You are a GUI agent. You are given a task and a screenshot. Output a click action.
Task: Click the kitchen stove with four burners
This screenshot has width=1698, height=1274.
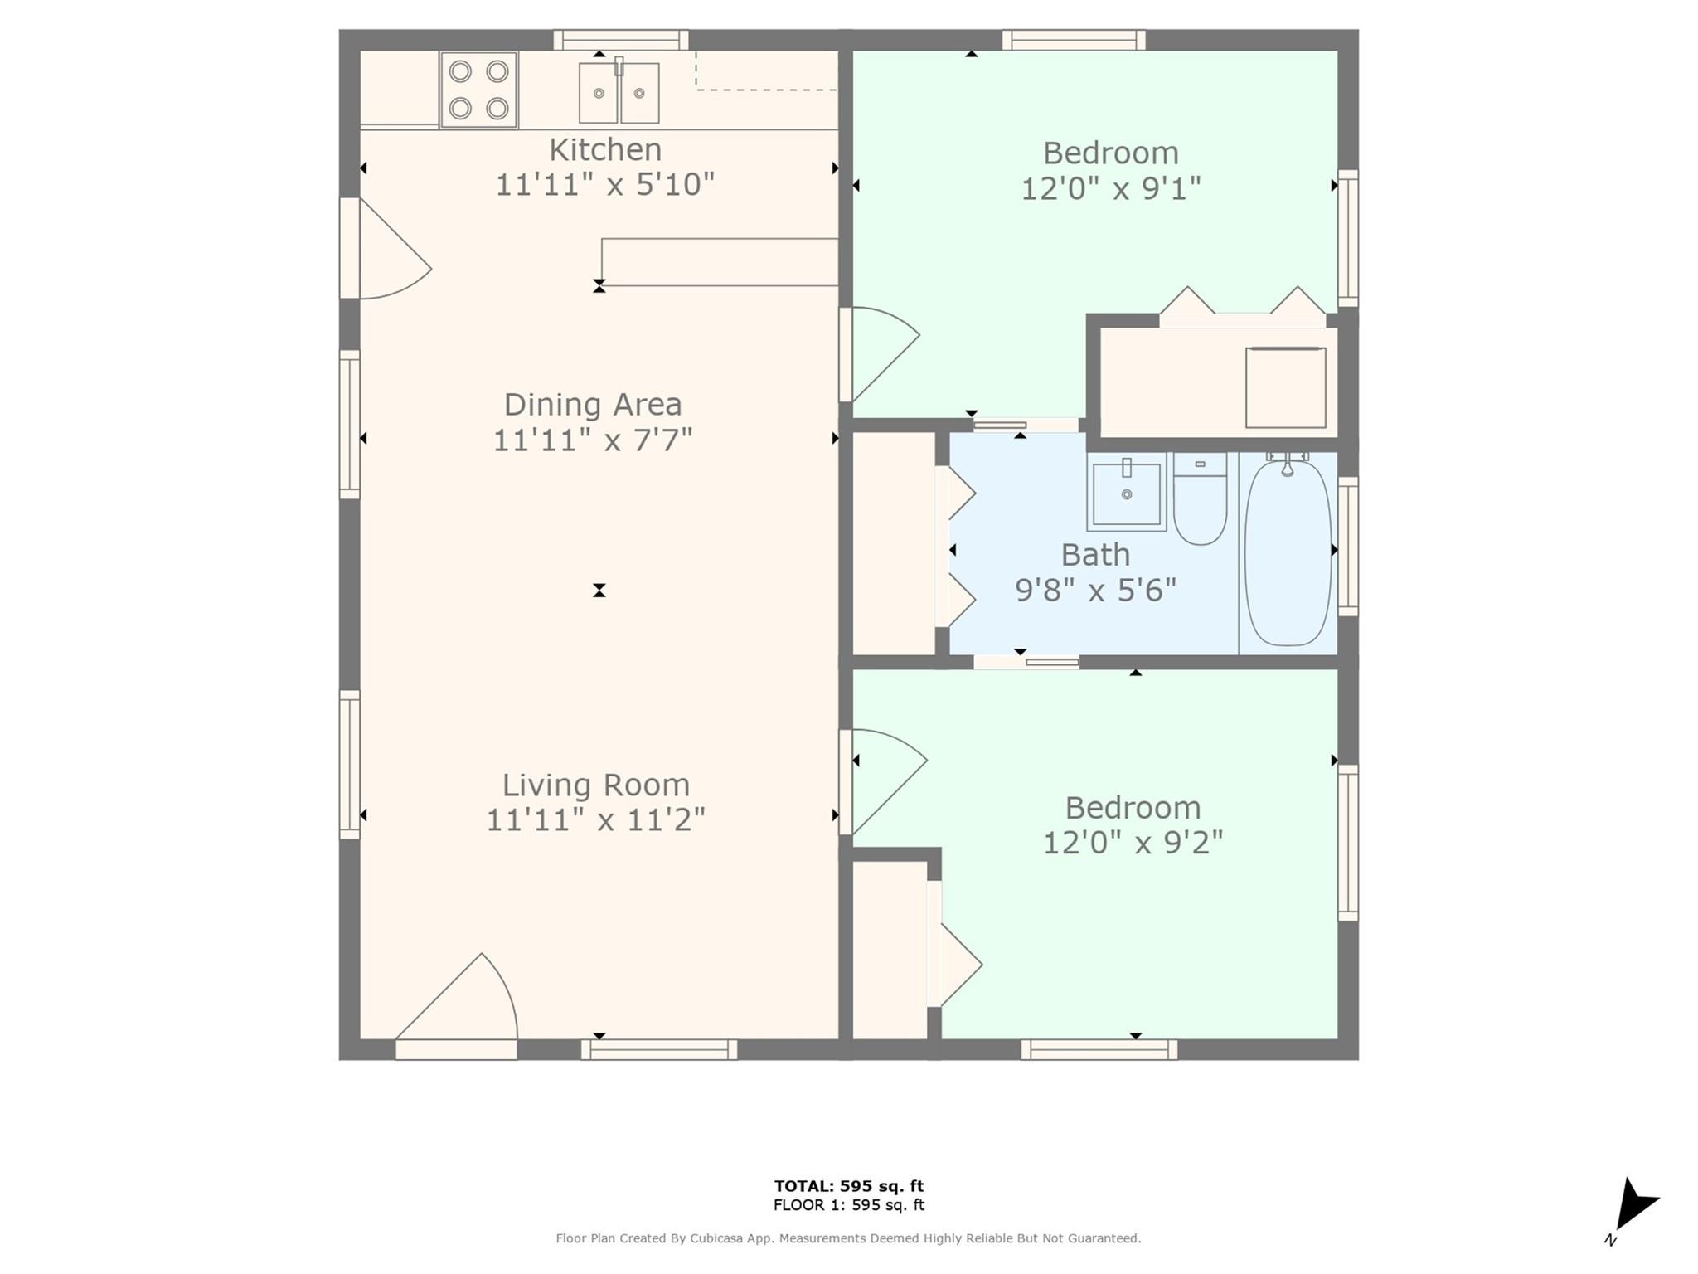479,90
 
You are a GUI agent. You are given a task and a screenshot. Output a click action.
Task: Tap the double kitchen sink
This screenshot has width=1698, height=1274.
619,92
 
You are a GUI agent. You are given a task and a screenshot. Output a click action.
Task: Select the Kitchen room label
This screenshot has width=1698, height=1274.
605,150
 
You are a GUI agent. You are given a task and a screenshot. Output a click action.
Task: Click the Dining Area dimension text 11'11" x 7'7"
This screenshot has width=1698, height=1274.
593,440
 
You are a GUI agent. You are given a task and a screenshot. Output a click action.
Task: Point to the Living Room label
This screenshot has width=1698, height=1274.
596,785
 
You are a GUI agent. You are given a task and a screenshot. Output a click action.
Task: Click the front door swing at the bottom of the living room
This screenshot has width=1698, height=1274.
457,997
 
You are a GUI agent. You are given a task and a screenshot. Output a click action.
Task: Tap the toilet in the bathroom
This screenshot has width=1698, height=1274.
1200,498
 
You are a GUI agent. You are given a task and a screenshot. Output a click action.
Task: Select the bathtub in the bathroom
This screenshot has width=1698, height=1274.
1287,552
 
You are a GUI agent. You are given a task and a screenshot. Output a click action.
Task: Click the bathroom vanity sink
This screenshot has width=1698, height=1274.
1127,492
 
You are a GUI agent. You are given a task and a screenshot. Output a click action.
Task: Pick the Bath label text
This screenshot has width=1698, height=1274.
1095,554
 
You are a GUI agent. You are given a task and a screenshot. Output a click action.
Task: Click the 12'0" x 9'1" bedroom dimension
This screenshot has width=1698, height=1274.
1110,188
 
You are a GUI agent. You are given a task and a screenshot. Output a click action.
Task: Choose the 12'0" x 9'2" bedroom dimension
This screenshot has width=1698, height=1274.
1133,843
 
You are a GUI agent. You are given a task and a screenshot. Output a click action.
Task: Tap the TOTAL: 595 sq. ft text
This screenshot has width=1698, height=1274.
849,1186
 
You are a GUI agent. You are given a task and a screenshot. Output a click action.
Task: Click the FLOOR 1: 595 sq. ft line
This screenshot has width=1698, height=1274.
849,1205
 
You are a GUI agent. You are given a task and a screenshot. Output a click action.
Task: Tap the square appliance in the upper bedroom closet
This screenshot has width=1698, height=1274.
1286,387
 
